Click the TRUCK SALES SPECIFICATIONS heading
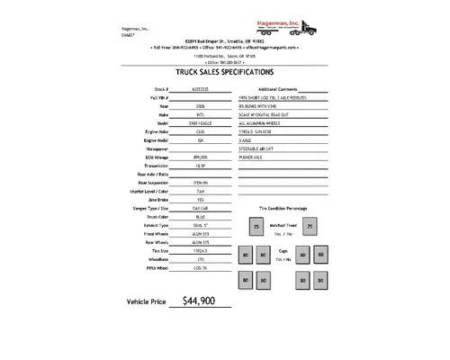click(x=224, y=72)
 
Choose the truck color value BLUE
click(x=200, y=241)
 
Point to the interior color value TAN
click(x=200, y=217)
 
